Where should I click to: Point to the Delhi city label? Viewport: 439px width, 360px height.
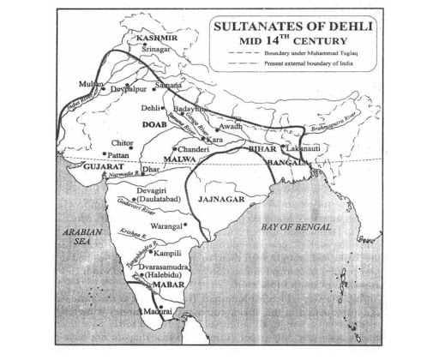pyautogui.click(x=149, y=109)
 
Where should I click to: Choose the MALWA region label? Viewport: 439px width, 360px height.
pyautogui.click(x=183, y=159)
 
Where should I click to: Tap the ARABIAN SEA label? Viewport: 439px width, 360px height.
pyautogui.click(x=86, y=237)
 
